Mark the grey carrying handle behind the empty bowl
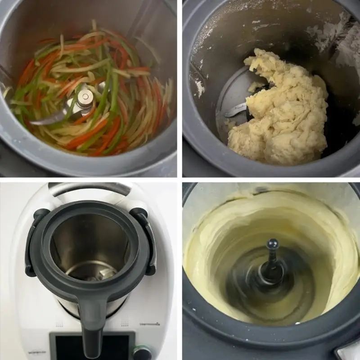pyautogui.click(x=90, y=188)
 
